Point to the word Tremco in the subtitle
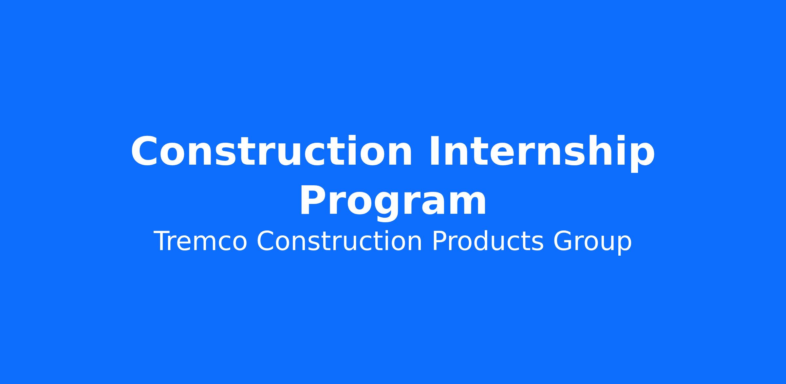200,241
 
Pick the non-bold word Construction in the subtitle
339,241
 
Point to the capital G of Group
563,241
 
